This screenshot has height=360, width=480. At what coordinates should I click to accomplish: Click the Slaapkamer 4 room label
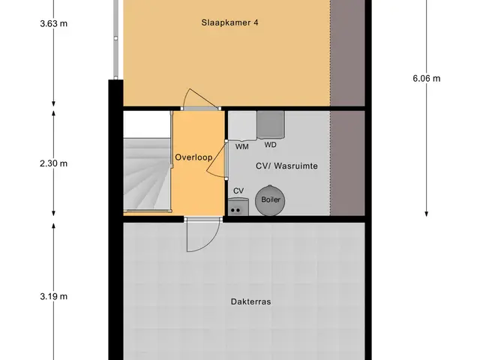tap(229, 22)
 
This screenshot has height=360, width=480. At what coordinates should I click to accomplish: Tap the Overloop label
tap(193, 157)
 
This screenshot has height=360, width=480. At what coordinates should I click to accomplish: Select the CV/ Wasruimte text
tap(286, 166)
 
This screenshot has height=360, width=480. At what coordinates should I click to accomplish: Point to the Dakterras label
tap(250, 301)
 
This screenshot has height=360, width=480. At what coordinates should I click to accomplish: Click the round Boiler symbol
tap(270, 200)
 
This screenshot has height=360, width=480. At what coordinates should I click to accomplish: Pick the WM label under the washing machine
tap(241, 147)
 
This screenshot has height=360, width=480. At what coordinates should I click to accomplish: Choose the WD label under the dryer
tap(270, 145)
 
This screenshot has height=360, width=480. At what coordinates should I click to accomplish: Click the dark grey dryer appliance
tap(271, 124)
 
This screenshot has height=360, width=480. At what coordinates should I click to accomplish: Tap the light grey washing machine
tap(242, 126)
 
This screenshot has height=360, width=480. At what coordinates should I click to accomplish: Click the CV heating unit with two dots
tap(238, 207)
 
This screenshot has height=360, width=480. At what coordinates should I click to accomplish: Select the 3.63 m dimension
tap(53, 23)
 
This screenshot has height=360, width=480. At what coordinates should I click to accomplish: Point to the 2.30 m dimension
tap(53, 163)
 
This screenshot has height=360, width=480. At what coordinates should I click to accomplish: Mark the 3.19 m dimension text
tap(53, 296)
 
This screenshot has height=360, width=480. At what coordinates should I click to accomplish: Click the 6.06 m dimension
tap(427, 79)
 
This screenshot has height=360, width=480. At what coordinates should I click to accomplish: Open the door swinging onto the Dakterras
tap(202, 234)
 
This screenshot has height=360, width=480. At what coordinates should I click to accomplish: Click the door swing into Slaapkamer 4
tap(199, 99)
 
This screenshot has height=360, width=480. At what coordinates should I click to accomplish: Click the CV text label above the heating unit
tap(238, 191)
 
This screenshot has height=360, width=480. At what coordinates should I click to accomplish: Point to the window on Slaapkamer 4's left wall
tap(115, 39)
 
